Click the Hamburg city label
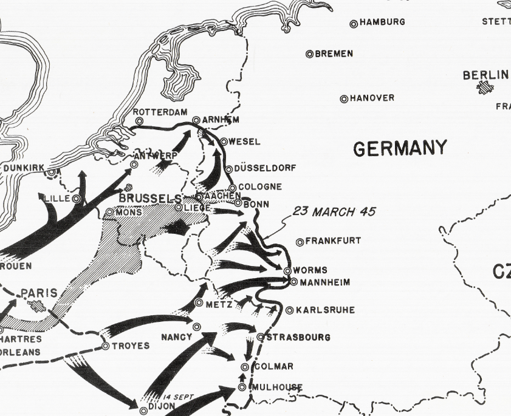coord(382,22)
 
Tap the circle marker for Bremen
coord(309,54)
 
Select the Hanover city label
coord(372,98)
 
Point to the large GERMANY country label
coord(400,148)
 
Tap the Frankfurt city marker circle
coord(300,242)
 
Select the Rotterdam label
coord(159,112)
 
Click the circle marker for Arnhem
coord(196,121)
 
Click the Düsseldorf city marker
coord(228,169)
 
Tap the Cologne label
coord(259,187)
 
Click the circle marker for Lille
coord(77,199)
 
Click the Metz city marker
coord(199,302)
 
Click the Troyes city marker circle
coord(106,346)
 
